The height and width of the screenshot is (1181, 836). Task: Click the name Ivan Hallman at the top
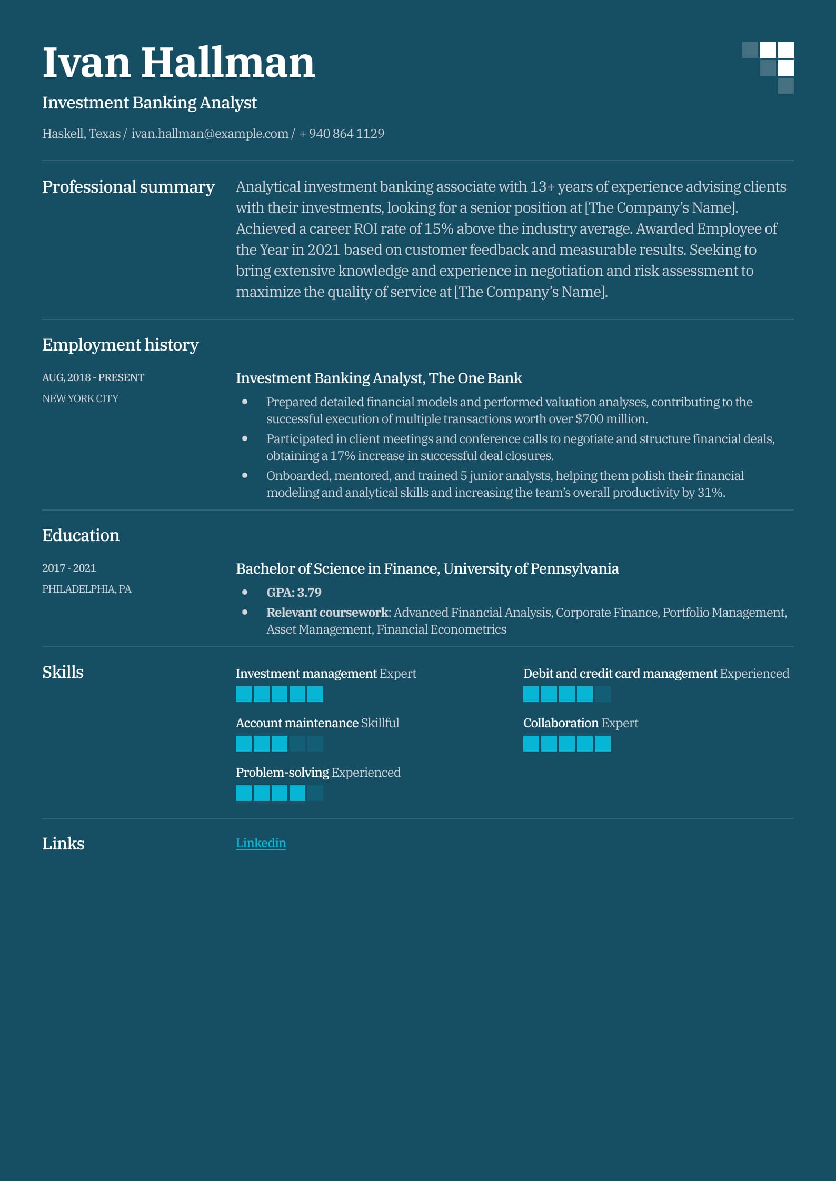[178, 63]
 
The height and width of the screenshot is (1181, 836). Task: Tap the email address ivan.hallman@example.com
[210, 134]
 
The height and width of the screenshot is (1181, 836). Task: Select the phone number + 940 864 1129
[342, 134]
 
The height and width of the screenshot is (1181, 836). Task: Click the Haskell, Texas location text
[81, 134]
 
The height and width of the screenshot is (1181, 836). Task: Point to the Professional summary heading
[128, 187]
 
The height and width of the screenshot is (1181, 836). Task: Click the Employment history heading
[120, 345]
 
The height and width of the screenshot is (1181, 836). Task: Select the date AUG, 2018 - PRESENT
[93, 377]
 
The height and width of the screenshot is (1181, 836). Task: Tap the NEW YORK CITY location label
[80, 398]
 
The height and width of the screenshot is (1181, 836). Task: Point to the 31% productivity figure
[711, 493]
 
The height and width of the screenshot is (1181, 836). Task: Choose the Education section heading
[81, 535]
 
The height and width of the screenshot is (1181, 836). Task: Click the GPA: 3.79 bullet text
[294, 593]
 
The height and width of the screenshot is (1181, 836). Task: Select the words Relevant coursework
[327, 613]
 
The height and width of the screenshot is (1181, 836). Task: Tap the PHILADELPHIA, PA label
[87, 589]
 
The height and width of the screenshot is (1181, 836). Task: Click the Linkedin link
[261, 843]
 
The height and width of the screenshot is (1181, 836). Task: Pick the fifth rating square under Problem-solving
[315, 793]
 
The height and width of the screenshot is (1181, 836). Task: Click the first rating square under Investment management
[244, 694]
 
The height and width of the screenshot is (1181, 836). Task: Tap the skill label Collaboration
[561, 723]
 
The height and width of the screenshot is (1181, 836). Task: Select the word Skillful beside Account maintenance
[380, 723]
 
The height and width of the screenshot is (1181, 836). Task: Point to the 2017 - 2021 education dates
[69, 568]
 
